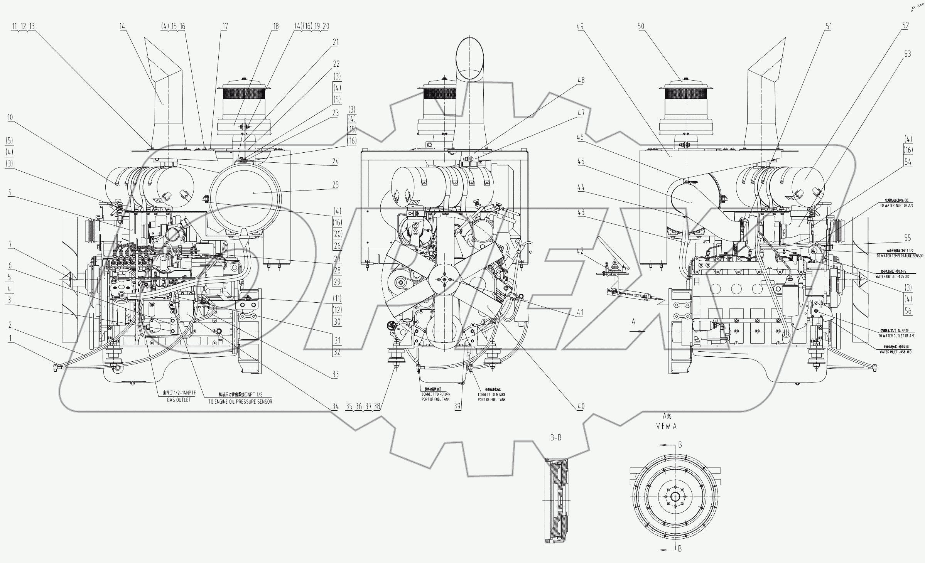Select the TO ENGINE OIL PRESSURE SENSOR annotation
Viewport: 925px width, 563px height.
[x=240, y=401]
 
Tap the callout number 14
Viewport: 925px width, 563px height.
[x=122, y=26]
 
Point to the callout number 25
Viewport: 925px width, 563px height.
[x=336, y=185]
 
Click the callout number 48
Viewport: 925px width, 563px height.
[x=581, y=80]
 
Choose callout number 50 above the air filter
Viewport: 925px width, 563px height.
[x=641, y=26]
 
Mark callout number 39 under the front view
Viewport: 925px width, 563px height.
[x=457, y=406]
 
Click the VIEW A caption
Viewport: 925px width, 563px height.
[x=666, y=426]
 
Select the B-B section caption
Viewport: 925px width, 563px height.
[x=555, y=438]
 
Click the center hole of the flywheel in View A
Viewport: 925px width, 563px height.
[x=675, y=497]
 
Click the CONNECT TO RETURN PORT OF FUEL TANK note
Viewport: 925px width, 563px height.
[x=435, y=397]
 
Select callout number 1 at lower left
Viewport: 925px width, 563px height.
[x=11, y=338]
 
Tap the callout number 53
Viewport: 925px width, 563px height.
[x=907, y=54]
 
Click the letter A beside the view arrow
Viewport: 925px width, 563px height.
[x=633, y=321]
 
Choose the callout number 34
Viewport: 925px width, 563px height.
[x=335, y=406]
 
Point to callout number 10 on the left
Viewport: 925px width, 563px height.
[x=10, y=117]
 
